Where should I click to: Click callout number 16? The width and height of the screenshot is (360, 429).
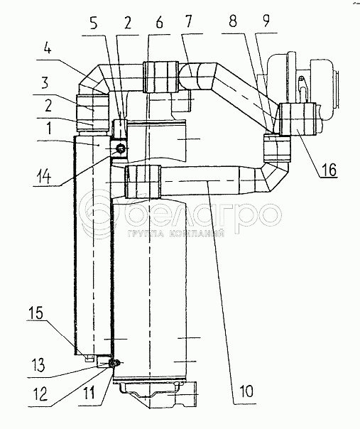329,170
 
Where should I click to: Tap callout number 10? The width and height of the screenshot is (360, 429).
247,391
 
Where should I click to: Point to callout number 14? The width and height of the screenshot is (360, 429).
43,177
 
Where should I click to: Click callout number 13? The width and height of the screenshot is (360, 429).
38,365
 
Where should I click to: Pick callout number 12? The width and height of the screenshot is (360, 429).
40,394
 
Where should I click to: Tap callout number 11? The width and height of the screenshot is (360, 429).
89,393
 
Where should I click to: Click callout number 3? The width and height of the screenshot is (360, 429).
45,82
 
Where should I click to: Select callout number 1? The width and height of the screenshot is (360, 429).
49,128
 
